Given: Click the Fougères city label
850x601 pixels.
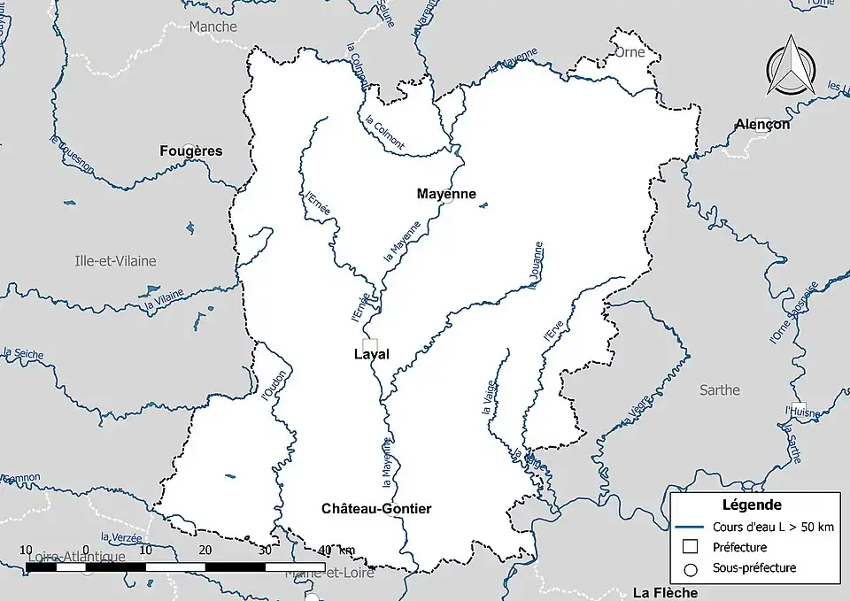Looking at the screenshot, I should [191, 150].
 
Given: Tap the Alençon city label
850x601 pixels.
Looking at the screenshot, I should [761, 125].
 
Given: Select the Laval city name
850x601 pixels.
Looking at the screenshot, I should [372, 355].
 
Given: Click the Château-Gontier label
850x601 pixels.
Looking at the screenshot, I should [376, 508].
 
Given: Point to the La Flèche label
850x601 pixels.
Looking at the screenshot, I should [665, 592].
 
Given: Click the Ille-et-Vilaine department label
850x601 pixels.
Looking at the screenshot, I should [115, 260].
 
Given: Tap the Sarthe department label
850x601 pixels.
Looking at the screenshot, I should [719, 389].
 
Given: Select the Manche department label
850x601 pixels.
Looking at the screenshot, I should [213, 27].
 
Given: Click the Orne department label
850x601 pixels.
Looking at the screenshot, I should [630, 51].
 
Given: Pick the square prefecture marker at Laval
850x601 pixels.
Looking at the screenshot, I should [370, 344].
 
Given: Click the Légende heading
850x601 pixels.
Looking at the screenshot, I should [752, 505].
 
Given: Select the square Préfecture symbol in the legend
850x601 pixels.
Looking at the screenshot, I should [692, 547].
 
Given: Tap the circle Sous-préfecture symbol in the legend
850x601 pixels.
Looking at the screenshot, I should [692, 568].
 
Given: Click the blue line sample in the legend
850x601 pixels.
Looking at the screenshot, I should [692, 527].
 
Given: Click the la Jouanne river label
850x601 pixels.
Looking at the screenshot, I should [534, 264].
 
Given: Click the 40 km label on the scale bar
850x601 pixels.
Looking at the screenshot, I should [336, 550].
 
